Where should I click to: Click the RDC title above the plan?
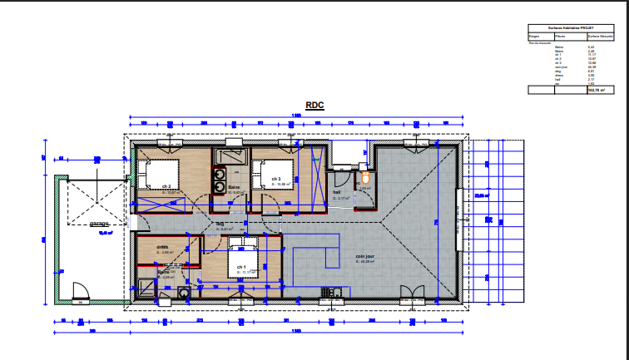pos(314,105)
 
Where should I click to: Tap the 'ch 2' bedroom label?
pos(166,186)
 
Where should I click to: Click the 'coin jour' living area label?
pos(364,256)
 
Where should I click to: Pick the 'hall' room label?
pos(338,191)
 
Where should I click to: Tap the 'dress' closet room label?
pos(163,246)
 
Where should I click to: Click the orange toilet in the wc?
pos(364,178)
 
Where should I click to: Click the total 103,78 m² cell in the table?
pos(595,90)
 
